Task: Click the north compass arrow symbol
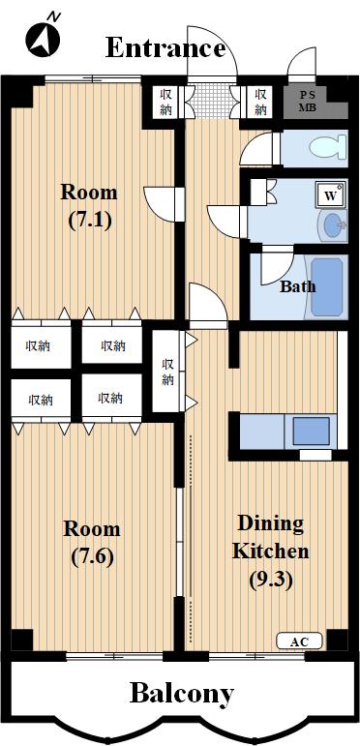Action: tap(44, 36)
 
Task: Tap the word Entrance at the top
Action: tap(165, 48)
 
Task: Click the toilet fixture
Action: tap(327, 147)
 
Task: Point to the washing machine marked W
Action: tap(331, 194)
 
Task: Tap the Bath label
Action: tap(297, 286)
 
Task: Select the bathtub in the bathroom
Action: tap(327, 287)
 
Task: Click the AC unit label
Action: tap(300, 642)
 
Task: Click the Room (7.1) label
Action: tap(89, 207)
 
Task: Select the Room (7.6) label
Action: tap(92, 543)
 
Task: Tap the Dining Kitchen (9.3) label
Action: tap(270, 551)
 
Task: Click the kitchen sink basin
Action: tap(312, 431)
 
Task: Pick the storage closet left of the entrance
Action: tap(165, 102)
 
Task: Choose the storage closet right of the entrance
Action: tap(260, 102)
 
